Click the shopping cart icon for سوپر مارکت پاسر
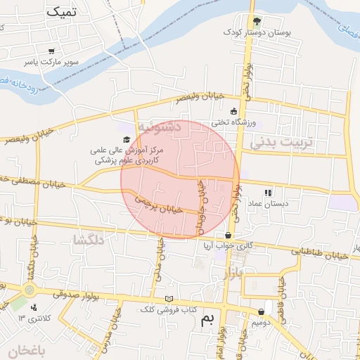(x=51, y=51)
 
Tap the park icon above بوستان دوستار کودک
(x=257, y=21)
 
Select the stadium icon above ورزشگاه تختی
(x=234, y=110)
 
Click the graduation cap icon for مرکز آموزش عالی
(x=127, y=139)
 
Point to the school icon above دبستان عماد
(x=268, y=192)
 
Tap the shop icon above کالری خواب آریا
(x=228, y=236)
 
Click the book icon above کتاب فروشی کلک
(x=167, y=299)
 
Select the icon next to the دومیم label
(x=262, y=311)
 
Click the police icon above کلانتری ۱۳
(x=34, y=306)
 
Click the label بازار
(x=233, y=273)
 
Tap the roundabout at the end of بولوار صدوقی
(x=29, y=289)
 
